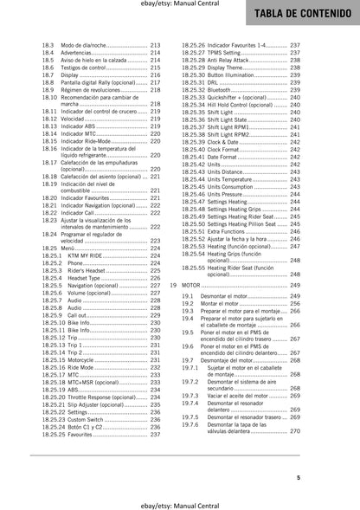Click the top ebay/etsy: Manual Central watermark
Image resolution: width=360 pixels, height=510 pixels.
(179, 7)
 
